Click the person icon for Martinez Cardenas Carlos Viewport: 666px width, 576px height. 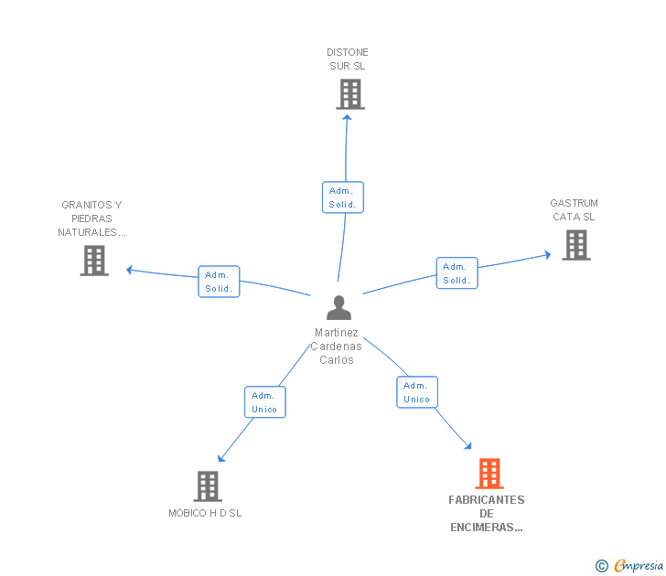coord(338,307)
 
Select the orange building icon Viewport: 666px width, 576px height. coord(489,474)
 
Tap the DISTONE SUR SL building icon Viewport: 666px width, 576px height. coord(350,94)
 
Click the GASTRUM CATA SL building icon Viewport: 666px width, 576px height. coord(576,245)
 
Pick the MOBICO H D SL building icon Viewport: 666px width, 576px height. coord(208,486)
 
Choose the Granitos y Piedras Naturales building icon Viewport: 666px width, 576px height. coord(94,261)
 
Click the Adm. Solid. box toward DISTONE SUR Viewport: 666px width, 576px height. coord(343,197)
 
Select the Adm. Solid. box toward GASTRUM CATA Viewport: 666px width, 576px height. coord(457,273)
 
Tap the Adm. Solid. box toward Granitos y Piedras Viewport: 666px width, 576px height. coord(219,282)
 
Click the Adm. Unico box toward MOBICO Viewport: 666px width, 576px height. coord(265,402)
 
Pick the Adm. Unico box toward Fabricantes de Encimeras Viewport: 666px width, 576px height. coord(417,392)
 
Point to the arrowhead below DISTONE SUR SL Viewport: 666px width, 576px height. coord(347,118)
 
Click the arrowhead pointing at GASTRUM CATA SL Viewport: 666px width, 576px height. coord(547,255)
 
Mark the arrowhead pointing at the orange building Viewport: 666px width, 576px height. coord(467,445)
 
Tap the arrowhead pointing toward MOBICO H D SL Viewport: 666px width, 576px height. coord(220,458)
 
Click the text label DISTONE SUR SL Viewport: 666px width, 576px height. coord(348,59)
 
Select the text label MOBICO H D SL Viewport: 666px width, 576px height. coord(205,513)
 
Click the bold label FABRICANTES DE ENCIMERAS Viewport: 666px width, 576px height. coord(487,514)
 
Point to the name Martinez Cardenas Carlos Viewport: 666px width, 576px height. coord(337,347)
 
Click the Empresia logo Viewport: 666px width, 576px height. coord(629,565)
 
